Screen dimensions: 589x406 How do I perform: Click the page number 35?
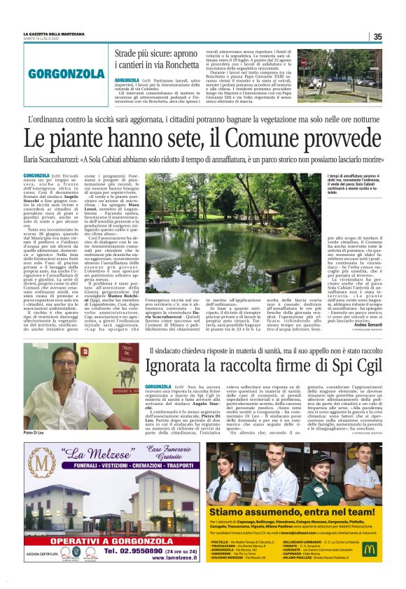pyautogui.click(x=377, y=37)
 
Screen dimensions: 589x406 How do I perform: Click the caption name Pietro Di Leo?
pyautogui.click(x=36, y=434)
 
